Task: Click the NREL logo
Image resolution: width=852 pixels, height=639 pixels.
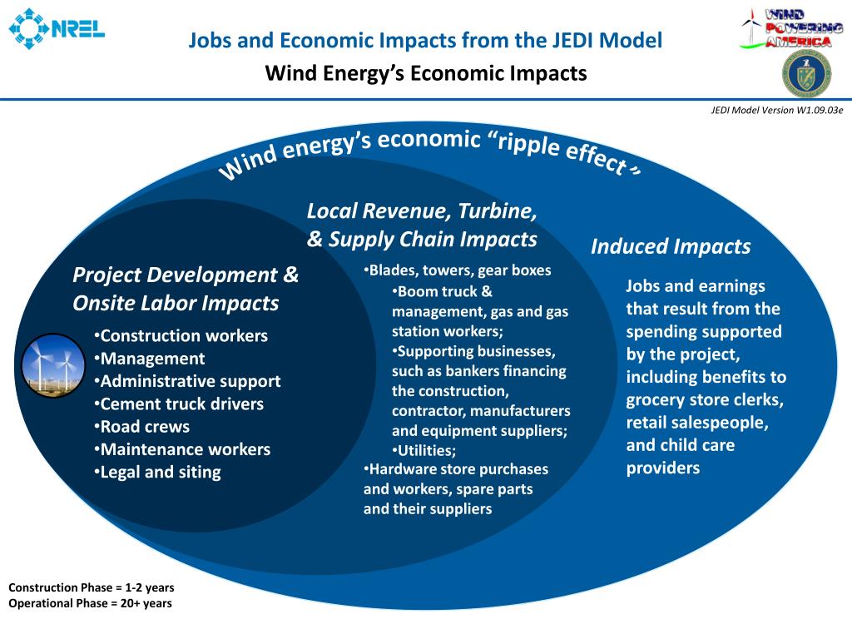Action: click(x=57, y=29)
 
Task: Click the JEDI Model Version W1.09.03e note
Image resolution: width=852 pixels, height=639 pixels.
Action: click(x=777, y=111)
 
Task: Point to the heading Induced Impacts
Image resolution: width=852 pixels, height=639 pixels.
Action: click(x=671, y=246)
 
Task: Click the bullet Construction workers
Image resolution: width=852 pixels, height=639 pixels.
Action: click(x=181, y=336)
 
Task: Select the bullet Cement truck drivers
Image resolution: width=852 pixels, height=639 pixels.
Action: click(x=179, y=404)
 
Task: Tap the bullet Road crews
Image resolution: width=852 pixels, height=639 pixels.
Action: click(x=142, y=427)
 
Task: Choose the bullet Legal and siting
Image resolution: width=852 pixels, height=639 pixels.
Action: click(x=158, y=473)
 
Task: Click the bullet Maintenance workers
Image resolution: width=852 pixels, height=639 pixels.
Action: click(x=182, y=450)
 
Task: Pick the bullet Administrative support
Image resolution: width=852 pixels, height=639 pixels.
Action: click(x=187, y=382)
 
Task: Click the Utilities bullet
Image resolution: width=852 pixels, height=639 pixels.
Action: click(x=424, y=451)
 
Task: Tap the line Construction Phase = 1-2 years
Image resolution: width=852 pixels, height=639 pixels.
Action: click(x=92, y=587)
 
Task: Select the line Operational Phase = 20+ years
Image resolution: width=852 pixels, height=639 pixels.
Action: click(x=90, y=603)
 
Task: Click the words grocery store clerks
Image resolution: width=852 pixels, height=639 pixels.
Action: click(x=704, y=400)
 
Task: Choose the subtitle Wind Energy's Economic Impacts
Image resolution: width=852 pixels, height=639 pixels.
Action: click(x=426, y=73)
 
